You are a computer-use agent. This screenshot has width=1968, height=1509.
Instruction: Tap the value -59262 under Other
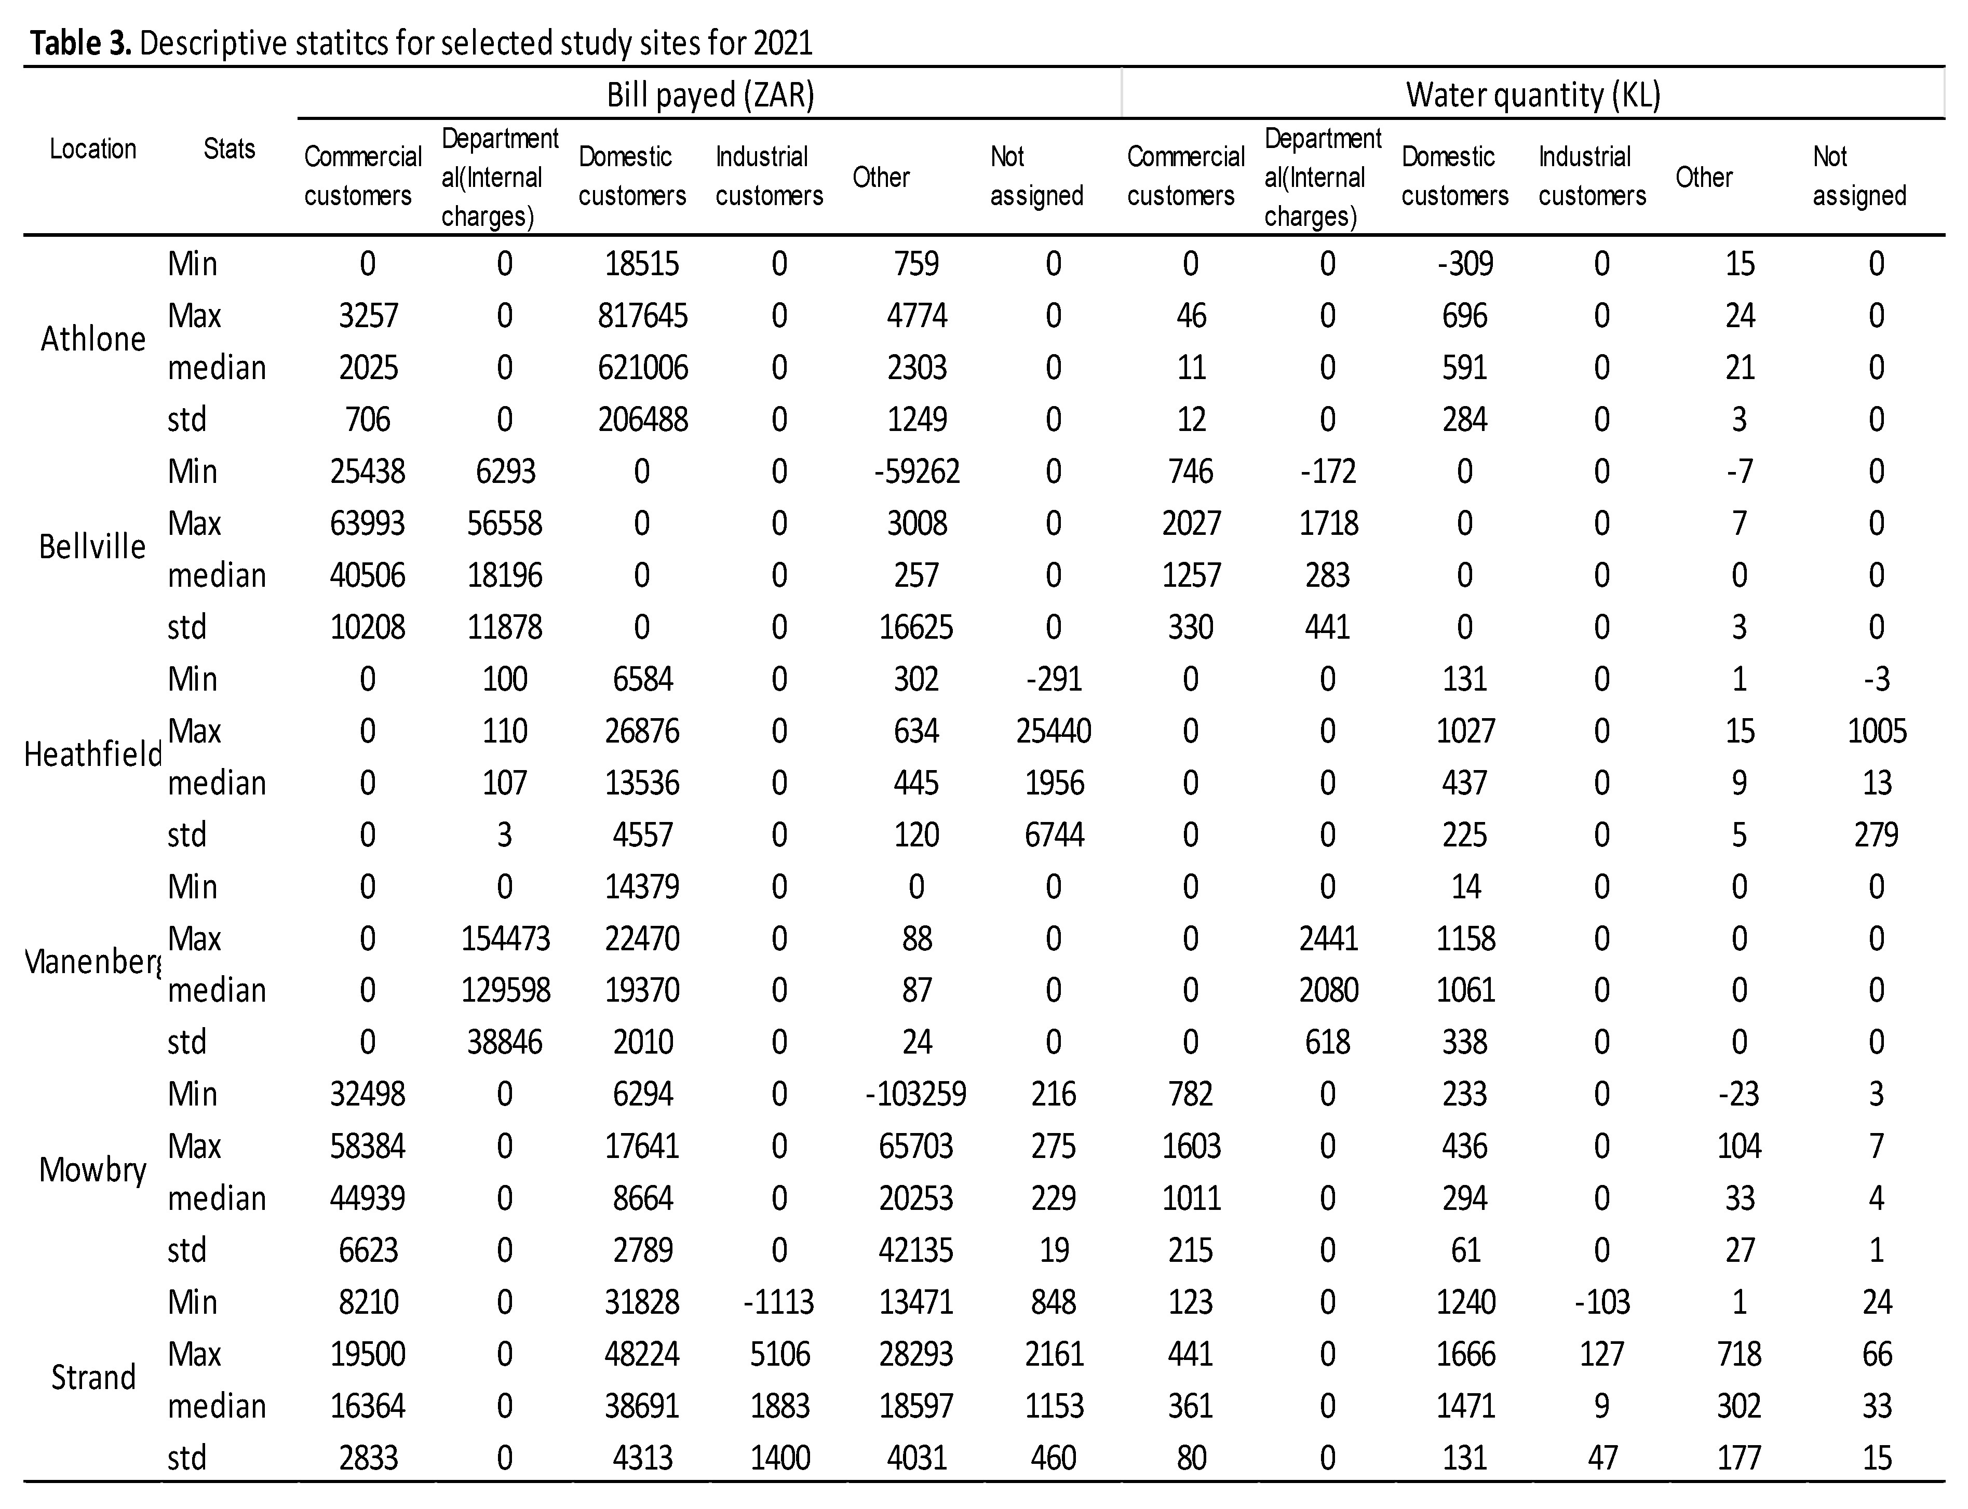[916, 471]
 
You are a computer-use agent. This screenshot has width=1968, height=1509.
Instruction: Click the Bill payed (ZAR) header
[710, 95]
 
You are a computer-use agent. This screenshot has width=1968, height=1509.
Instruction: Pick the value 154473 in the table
[505, 939]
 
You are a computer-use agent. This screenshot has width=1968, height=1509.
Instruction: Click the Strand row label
[92, 1378]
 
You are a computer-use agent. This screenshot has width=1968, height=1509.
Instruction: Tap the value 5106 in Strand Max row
[779, 1354]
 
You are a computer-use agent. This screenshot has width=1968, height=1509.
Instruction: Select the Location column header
[92, 149]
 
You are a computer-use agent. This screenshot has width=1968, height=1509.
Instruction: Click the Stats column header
[229, 149]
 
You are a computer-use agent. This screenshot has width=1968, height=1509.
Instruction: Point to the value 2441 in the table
[1328, 939]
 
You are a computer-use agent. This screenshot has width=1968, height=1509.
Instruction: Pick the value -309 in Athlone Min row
[1464, 264]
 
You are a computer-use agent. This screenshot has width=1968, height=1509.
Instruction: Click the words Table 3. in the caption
[81, 43]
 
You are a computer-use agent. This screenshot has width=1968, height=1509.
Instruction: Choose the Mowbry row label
[92, 1170]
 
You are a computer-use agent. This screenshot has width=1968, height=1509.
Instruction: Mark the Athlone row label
[92, 340]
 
